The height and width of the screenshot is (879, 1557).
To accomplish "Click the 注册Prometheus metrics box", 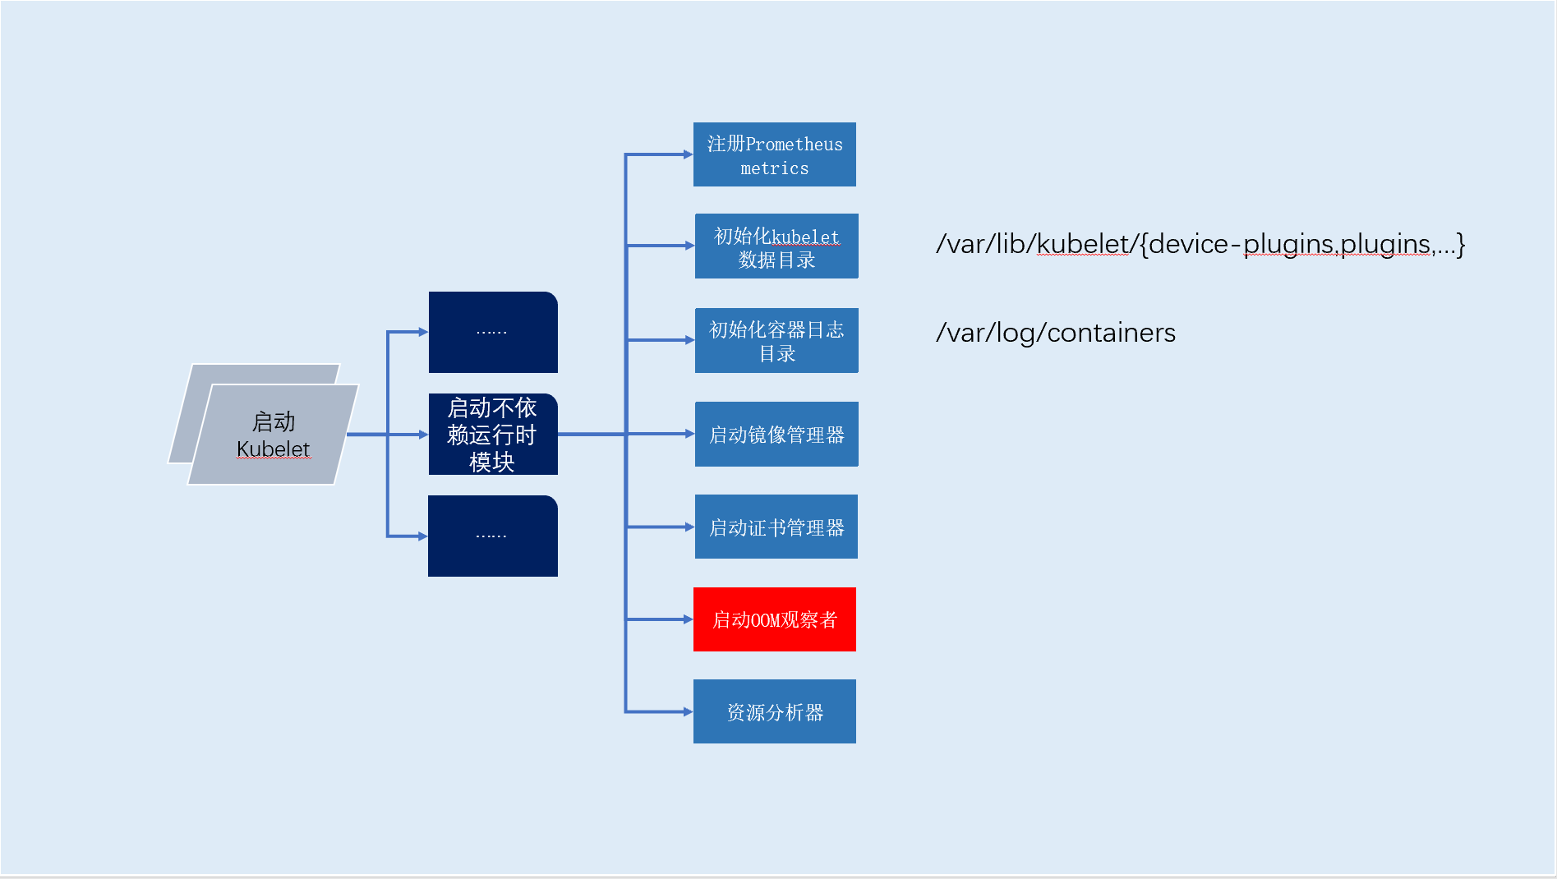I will pos(774,154).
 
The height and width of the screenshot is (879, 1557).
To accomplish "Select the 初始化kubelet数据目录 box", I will pos(776,246).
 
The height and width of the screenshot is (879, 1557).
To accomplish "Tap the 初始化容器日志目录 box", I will pos(776,341).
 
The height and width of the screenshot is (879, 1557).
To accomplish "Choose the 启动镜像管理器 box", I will pos(776,435).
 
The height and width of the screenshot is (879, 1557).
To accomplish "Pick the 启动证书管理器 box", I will pos(776,527).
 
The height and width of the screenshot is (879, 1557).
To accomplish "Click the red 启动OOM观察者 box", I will pos(774,619).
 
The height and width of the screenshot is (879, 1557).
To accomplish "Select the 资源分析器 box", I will pos(774,711).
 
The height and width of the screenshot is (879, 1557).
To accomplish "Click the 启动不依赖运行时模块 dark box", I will pos(493,435).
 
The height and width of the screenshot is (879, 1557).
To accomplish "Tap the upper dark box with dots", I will pos(493,332).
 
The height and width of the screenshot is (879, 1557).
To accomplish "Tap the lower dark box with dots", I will pos(493,536).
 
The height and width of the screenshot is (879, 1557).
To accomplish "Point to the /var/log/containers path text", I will pos(1056,333).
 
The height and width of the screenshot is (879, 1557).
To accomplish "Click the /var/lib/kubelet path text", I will pos(1200,244).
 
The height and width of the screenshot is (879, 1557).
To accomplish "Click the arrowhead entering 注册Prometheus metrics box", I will pos(688,154).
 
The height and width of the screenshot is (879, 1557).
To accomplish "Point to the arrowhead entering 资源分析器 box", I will pos(688,711).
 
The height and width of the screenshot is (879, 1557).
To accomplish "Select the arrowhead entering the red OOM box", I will pos(688,619).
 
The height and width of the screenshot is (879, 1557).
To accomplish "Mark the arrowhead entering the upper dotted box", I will pos(423,332).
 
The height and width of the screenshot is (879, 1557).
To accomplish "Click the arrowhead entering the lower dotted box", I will pos(422,536).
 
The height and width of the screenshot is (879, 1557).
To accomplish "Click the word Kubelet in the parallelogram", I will pos(273,449).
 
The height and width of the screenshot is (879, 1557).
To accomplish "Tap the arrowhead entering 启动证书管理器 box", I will pos(689,527).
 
